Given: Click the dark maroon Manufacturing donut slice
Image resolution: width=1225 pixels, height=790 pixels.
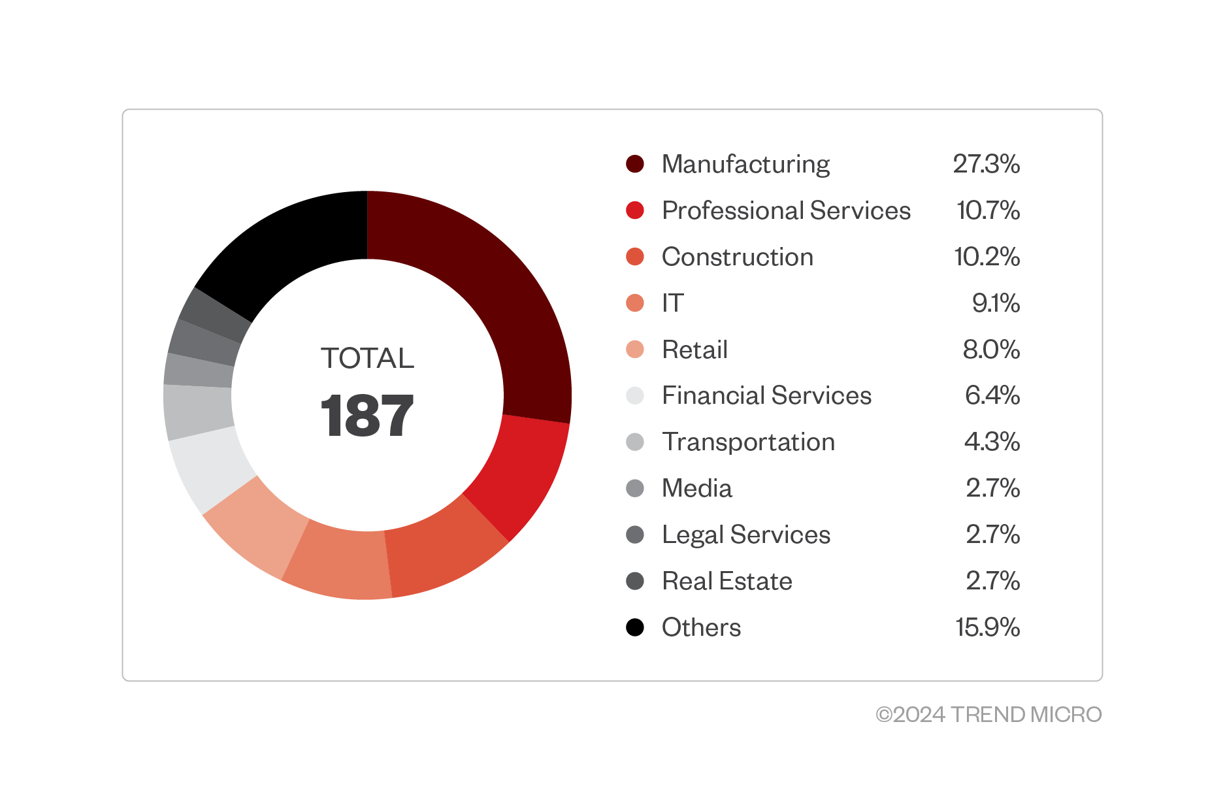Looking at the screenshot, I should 497,288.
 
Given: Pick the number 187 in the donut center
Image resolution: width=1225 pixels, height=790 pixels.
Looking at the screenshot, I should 367,416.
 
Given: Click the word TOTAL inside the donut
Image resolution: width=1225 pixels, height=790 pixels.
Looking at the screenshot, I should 367,358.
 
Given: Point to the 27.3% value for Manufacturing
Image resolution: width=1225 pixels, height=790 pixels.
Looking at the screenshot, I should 986,164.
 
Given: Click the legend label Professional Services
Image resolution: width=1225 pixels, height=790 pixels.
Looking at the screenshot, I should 786,210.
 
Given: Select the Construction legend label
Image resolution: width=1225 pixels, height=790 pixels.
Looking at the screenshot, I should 738,257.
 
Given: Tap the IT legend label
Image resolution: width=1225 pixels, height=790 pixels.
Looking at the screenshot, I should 673,303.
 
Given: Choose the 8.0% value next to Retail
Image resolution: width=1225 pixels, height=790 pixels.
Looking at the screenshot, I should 990,350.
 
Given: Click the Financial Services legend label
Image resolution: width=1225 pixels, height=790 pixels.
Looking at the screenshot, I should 766,395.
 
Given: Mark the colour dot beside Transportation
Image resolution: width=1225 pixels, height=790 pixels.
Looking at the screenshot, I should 635,442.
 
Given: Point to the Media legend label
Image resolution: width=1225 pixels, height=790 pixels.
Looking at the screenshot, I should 697,488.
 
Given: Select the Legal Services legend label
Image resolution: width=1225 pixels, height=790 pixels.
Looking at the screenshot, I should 746,535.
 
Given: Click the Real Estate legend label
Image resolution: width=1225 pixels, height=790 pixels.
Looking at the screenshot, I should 727,581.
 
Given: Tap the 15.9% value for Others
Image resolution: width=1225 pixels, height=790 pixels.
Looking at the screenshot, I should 987,627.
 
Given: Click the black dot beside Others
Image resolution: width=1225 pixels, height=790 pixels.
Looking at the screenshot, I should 635,627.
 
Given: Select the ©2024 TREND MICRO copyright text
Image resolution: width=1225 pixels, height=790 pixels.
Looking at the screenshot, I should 988,714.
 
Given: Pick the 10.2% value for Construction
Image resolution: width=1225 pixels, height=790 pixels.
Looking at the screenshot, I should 987,257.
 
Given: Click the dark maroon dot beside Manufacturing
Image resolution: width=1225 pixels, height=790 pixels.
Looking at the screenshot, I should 635,164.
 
